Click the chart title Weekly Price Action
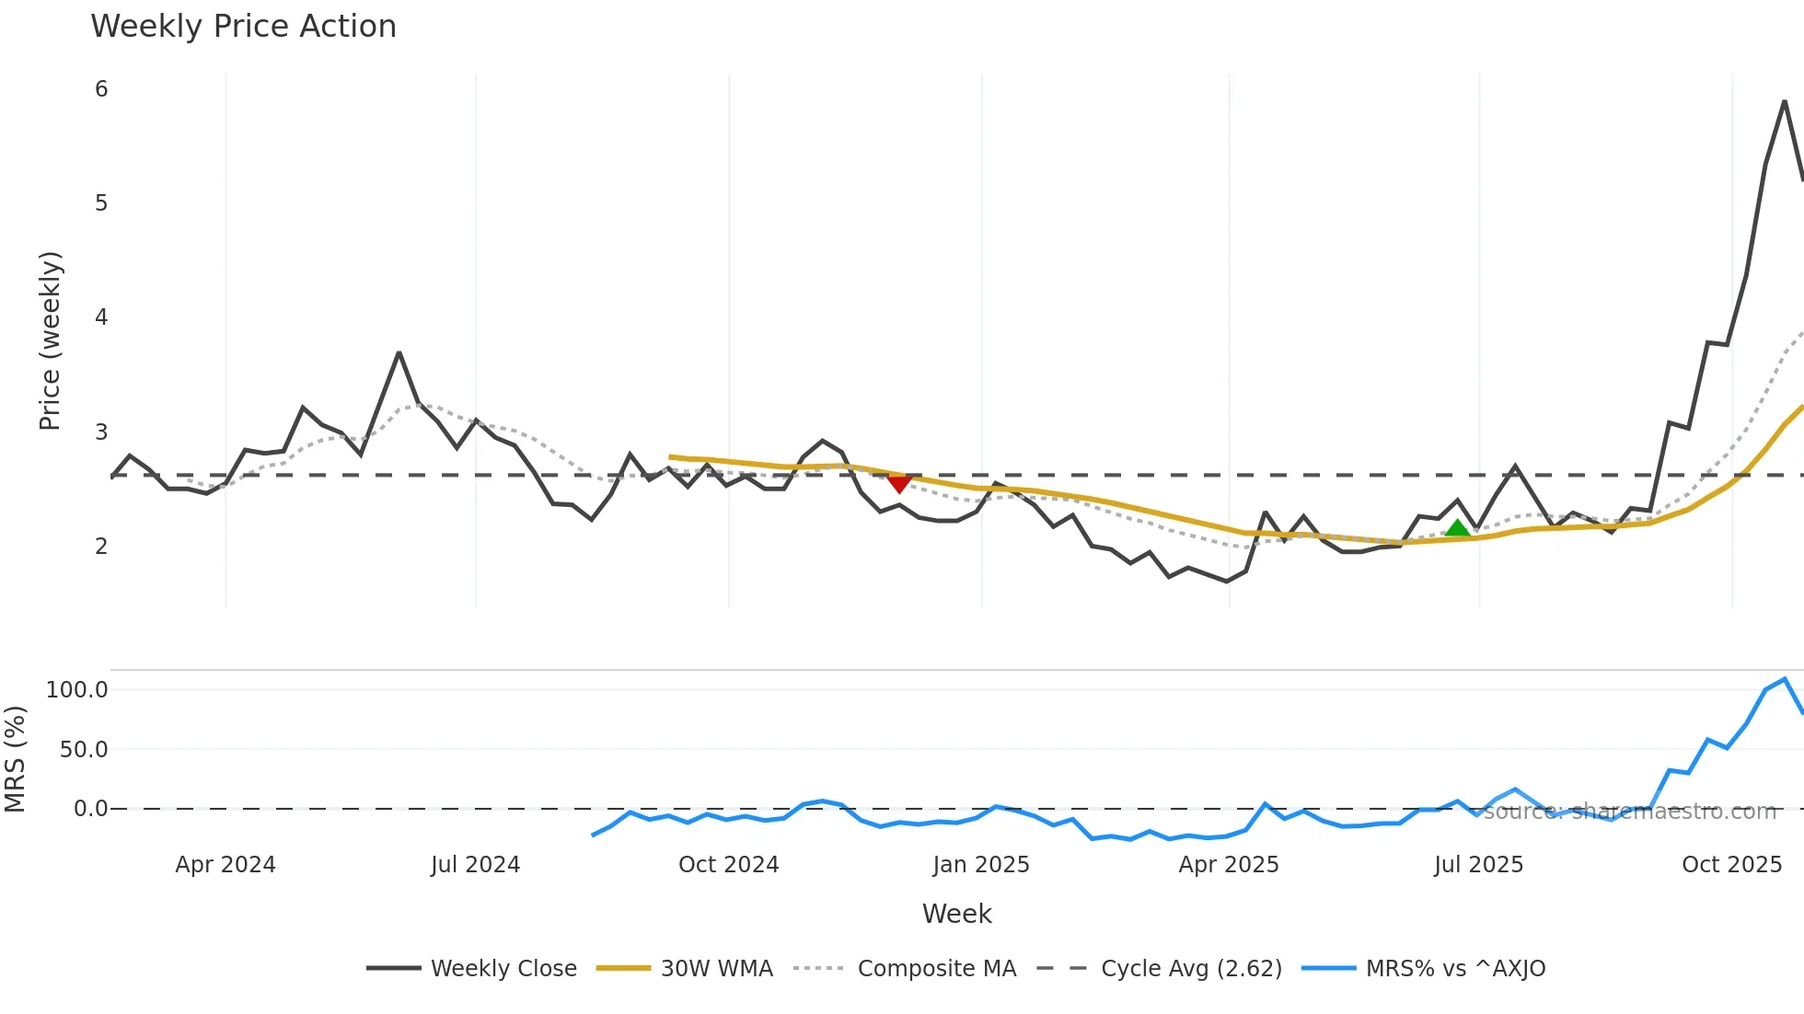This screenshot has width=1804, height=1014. [x=243, y=27]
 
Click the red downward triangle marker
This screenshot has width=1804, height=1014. [x=899, y=483]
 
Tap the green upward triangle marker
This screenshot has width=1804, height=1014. [x=1457, y=528]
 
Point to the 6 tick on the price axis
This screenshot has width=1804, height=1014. [x=101, y=89]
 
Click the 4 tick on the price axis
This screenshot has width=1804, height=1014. [x=101, y=317]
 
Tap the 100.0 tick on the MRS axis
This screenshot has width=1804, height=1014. [x=77, y=690]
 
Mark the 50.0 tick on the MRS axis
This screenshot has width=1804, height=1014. [x=84, y=750]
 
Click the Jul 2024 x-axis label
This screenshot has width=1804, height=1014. [x=475, y=865]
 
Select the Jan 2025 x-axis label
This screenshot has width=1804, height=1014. [x=981, y=865]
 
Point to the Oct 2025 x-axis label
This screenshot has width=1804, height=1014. [x=1731, y=865]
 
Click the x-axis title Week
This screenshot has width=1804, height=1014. [x=956, y=914]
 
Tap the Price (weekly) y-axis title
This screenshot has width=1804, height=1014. [x=50, y=340]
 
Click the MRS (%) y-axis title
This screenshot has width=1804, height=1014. [x=15, y=759]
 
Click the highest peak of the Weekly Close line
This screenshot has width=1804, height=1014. [x=1785, y=101]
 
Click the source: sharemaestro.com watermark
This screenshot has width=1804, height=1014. [x=1629, y=812]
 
